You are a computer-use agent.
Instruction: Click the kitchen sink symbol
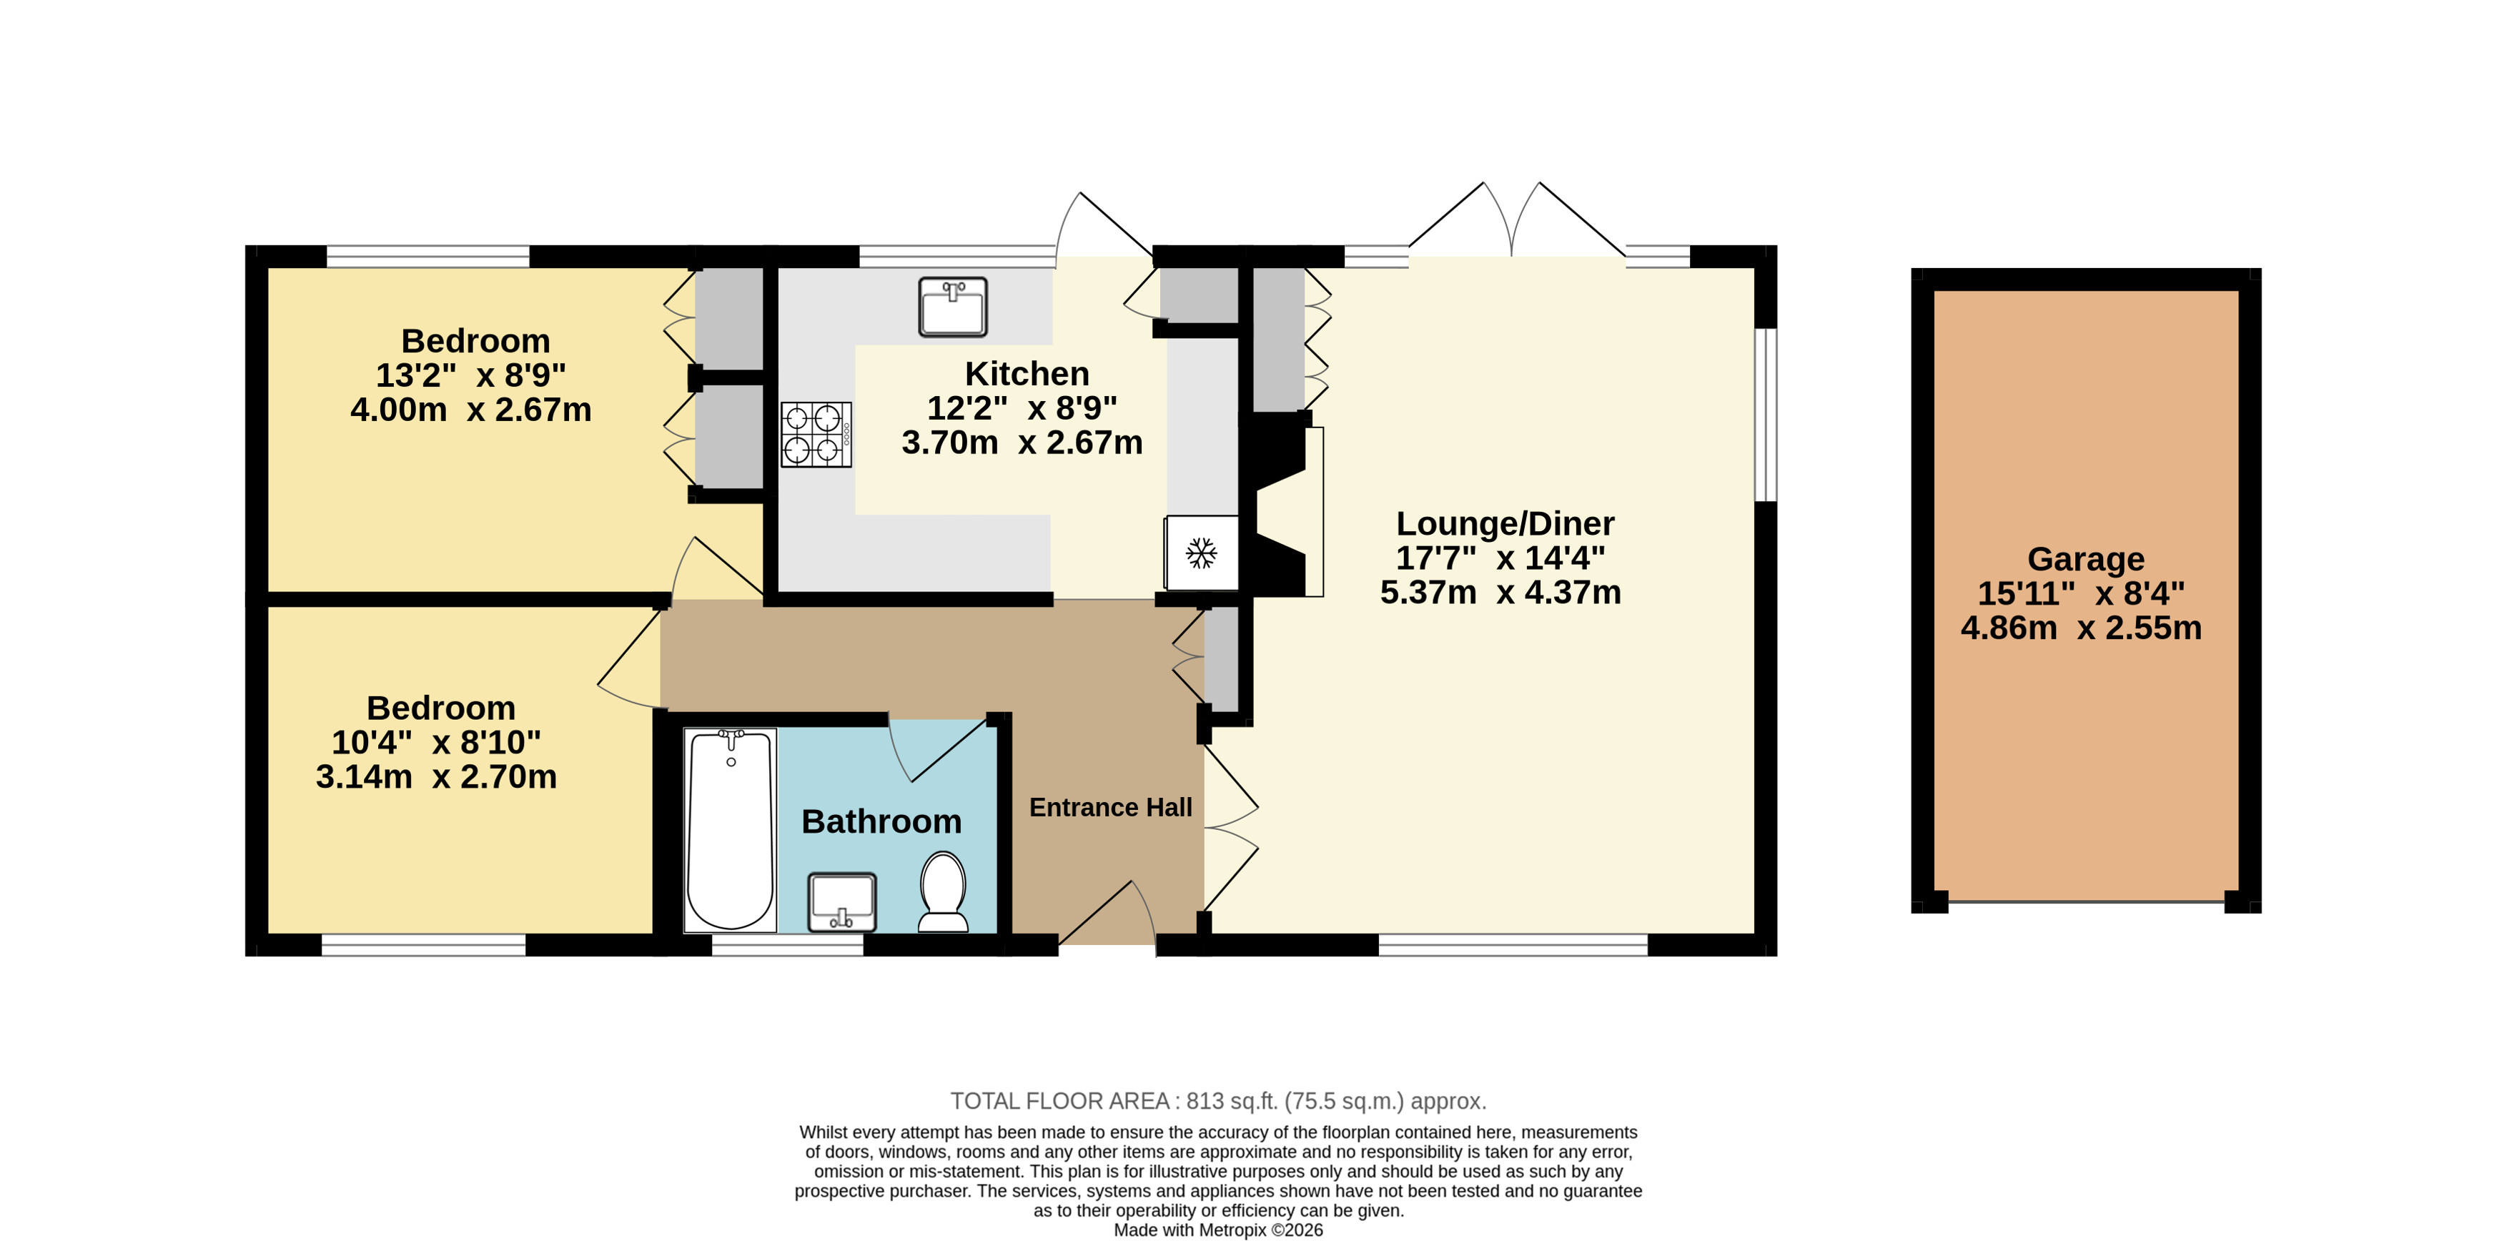point(953,307)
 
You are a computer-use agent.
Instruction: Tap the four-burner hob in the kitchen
point(816,434)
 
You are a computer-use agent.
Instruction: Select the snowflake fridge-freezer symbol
point(1202,553)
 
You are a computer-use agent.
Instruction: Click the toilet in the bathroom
point(943,891)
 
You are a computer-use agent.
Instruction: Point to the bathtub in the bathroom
point(730,829)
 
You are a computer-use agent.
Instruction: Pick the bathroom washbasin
point(842,902)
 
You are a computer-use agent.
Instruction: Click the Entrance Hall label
point(1110,808)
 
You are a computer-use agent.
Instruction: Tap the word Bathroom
point(881,821)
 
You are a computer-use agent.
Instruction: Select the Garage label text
point(2086,560)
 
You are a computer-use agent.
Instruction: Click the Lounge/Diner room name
point(1505,524)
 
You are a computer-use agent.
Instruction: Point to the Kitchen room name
point(1027,374)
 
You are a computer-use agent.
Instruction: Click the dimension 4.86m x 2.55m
point(2081,628)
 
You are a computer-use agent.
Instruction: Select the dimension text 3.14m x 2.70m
point(436,777)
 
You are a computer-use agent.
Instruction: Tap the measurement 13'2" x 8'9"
point(471,375)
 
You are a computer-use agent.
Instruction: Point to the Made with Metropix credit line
point(1218,1230)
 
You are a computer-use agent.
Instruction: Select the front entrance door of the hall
point(1107,913)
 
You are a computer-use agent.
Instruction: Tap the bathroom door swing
point(936,749)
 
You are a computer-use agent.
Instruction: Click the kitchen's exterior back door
point(1104,226)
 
